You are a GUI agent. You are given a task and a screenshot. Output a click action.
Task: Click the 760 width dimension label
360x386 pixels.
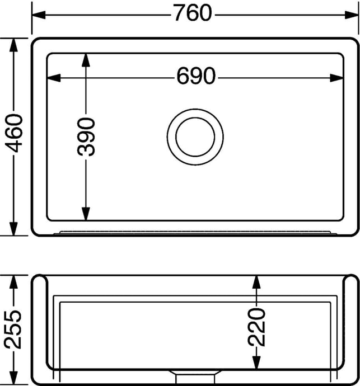(x=193, y=13)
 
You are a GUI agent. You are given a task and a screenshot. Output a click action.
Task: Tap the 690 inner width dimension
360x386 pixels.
(x=196, y=76)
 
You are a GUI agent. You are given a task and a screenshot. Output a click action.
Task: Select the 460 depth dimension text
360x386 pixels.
(x=14, y=134)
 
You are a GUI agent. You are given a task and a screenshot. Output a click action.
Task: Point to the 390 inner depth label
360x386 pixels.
(x=86, y=137)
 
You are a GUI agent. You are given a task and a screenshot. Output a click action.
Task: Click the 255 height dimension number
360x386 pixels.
(x=13, y=329)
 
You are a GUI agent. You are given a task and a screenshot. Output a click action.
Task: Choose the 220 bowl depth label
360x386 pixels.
(x=256, y=328)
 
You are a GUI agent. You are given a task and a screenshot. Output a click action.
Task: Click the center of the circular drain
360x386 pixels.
(x=195, y=137)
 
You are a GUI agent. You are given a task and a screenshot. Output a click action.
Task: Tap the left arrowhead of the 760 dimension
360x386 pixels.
(x=39, y=15)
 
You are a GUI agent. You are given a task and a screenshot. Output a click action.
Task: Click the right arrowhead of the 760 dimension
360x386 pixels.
(x=352, y=15)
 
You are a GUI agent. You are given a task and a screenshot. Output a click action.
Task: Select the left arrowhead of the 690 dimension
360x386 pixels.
(x=54, y=78)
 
